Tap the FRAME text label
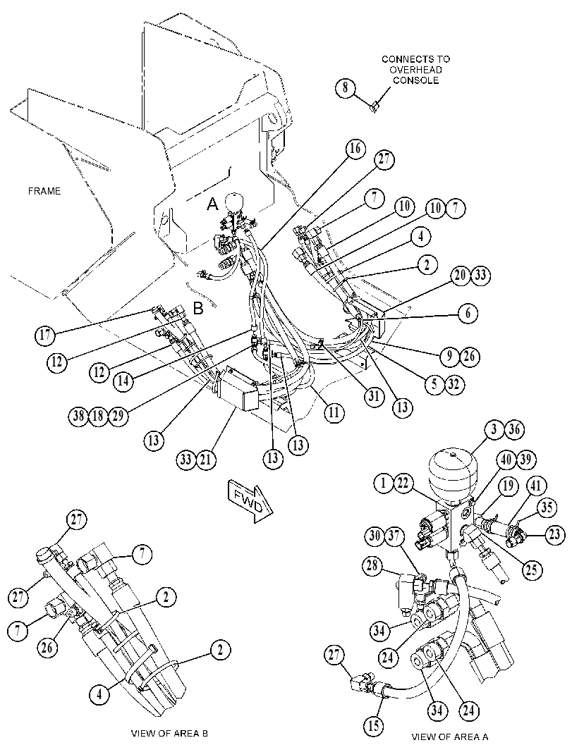pyautogui.click(x=44, y=191)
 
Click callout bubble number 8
pyautogui.click(x=345, y=88)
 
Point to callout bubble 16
pyautogui.click(x=355, y=149)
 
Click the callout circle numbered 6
pyautogui.click(x=468, y=313)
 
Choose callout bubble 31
pyautogui.click(x=375, y=395)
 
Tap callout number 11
pyautogui.click(x=334, y=412)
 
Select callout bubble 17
pyautogui.click(x=44, y=335)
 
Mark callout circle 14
pyautogui.click(x=123, y=381)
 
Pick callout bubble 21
pyautogui.click(x=207, y=460)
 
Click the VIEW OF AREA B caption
pyautogui.click(x=169, y=733)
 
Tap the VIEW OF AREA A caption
pyautogui.click(x=449, y=737)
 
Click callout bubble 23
pyautogui.click(x=554, y=535)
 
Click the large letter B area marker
pyautogui.click(x=197, y=308)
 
